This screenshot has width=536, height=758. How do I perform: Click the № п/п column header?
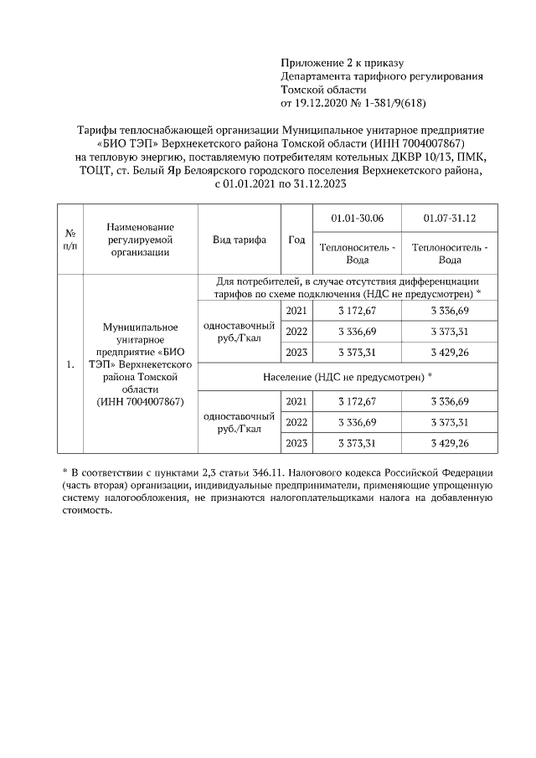[71, 240]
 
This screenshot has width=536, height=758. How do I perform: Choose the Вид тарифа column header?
[240, 240]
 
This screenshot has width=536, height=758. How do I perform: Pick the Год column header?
[296, 240]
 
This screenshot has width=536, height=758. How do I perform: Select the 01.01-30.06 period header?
[357, 218]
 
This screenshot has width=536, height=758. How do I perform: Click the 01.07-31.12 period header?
[449, 218]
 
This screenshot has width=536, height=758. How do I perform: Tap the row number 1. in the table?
[71, 365]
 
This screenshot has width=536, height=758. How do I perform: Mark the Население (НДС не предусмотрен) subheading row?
[347, 378]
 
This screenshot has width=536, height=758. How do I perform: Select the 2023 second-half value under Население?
[449, 442]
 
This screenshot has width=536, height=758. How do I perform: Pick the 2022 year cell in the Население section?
[296, 422]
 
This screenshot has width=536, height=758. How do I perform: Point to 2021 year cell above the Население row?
[296, 312]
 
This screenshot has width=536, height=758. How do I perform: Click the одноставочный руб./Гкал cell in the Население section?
[240, 422]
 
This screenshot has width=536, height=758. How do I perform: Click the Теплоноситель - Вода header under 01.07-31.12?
[449, 254]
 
